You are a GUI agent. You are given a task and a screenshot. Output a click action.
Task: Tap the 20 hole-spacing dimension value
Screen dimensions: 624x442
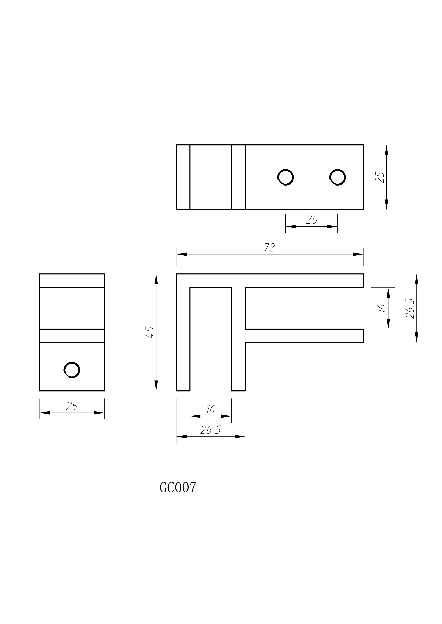tap(312, 220)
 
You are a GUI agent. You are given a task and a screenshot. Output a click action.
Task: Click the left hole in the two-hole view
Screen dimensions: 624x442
tap(286, 177)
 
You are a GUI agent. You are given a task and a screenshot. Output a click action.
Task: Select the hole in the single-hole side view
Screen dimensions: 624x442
tap(72, 370)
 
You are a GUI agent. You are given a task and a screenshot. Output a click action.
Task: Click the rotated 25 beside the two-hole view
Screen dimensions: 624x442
tap(380, 177)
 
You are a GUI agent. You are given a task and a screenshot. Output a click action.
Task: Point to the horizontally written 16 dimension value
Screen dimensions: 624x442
tap(210, 409)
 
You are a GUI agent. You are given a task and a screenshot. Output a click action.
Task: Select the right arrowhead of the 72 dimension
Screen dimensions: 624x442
tap(358, 254)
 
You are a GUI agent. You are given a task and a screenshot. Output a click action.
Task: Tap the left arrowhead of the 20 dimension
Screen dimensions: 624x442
tap(291, 226)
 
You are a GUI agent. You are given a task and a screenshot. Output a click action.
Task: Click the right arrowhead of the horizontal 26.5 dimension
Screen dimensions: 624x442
tap(240, 437)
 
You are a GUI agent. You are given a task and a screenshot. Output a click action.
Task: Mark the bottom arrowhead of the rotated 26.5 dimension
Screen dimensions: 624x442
tap(416, 337)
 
